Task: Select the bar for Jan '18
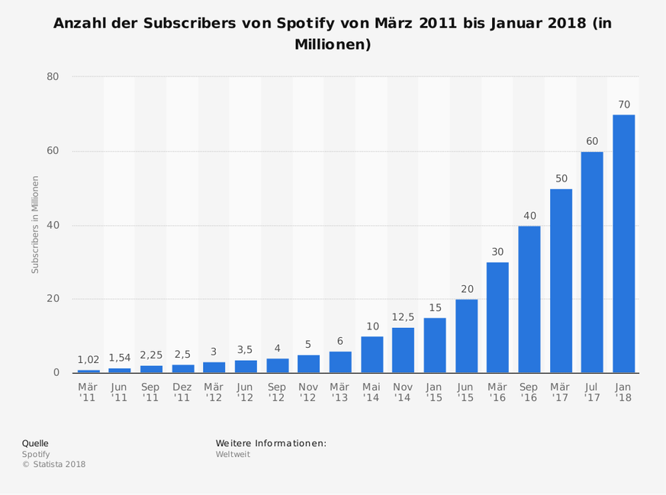[623, 243]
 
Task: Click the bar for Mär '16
[497, 317]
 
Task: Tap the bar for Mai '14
[372, 354]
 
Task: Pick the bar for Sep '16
[529, 299]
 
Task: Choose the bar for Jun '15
[466, 336]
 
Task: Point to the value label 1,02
[88, 360]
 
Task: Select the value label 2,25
[151, 355]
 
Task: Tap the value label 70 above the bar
[623, 104]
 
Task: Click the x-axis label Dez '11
[182, 392]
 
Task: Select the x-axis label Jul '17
[592, 392]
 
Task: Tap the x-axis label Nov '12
[308, 392]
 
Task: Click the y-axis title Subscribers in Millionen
[34, 225]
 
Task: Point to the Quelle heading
[35, 442]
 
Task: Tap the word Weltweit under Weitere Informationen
[233, 454]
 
